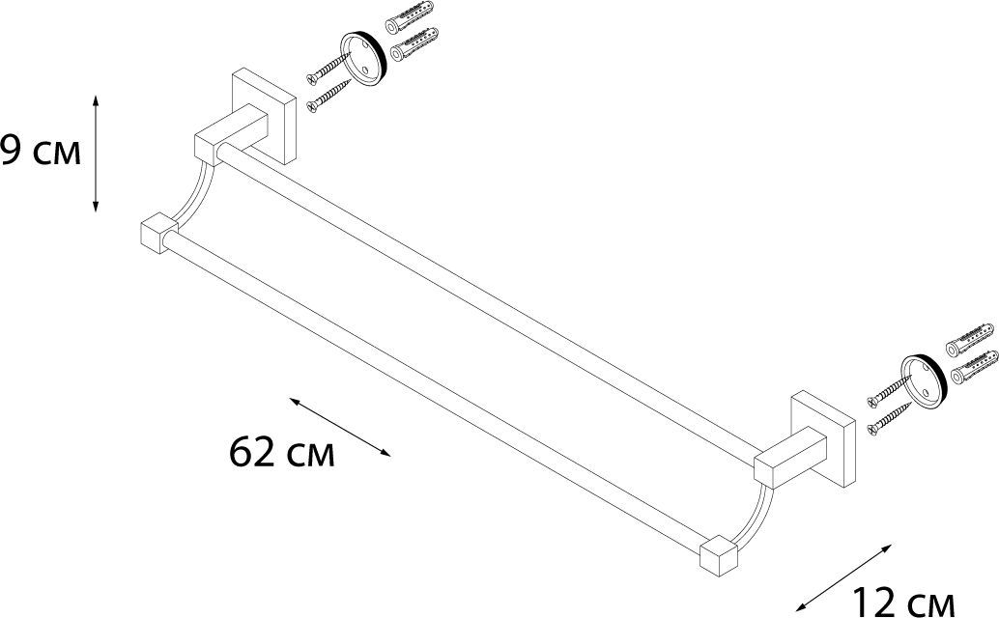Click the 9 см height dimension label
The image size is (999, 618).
[x=41, y=152]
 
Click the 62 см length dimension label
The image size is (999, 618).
[x=281, y=453]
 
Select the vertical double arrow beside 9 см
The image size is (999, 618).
[x=96, y=154]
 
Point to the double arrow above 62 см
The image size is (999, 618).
[x=339, y=427]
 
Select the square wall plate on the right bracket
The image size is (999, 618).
[x=823, y=439]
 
